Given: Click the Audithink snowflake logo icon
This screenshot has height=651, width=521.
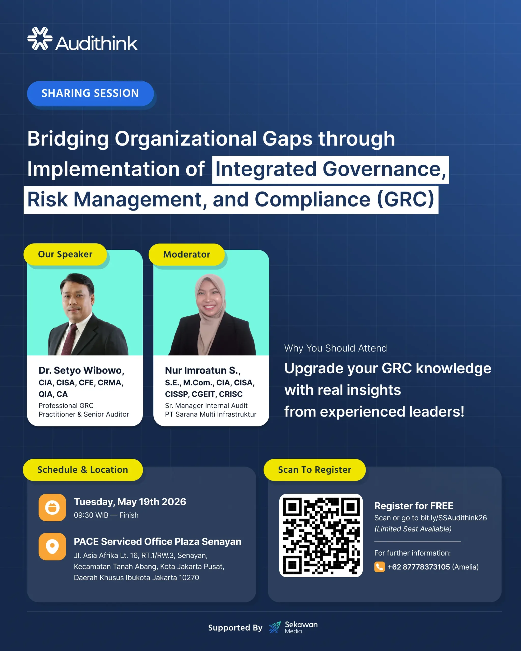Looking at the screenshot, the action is click(40, 39).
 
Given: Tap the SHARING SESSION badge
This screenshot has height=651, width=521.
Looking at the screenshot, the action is click(90, 93).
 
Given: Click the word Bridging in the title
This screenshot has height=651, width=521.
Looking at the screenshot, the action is click(68, 139).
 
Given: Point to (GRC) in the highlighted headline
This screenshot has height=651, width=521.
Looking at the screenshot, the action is click(405, 200).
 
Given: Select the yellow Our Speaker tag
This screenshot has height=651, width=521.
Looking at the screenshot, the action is click(65, 254).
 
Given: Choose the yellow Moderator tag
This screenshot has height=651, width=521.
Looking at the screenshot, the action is click(187, 254).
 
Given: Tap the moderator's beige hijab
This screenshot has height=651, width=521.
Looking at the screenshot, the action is click(210, 314).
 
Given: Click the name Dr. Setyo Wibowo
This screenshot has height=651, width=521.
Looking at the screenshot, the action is click(81, 371).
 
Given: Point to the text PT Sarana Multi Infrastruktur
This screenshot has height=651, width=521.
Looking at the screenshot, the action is click(211, 414).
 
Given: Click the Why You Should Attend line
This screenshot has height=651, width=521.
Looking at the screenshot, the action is click(335, 348).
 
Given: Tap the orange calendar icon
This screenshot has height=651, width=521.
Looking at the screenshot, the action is click(52, 508).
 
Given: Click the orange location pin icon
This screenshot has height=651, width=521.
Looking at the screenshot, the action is click(52, 546).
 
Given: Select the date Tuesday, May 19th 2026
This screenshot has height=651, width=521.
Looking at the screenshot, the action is click(130, 502).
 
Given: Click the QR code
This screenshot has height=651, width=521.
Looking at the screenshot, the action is click(321, 536).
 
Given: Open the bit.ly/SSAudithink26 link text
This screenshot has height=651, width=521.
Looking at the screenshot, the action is click(453, 518).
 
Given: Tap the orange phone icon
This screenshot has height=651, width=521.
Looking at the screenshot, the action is click(379, 567).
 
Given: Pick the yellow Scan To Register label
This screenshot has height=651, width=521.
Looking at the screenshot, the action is click(314, 470).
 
